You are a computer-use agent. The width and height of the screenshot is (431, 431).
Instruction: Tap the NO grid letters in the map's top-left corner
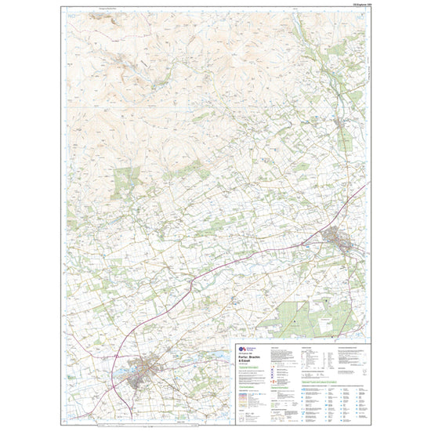click(71, 15)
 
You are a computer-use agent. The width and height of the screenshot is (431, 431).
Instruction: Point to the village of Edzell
click(342, 123)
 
